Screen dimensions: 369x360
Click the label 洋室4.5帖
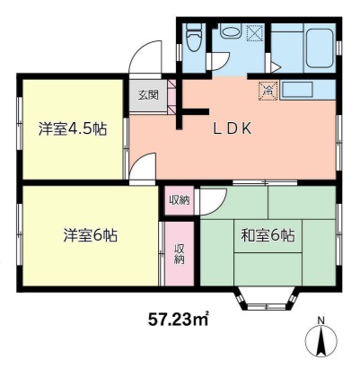73,128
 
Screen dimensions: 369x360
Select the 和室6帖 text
268,236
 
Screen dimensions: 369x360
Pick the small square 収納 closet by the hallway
179,200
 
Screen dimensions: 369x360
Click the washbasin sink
230,34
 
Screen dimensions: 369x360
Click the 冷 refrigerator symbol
267,90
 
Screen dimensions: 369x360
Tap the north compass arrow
320,343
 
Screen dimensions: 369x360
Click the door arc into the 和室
207,199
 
